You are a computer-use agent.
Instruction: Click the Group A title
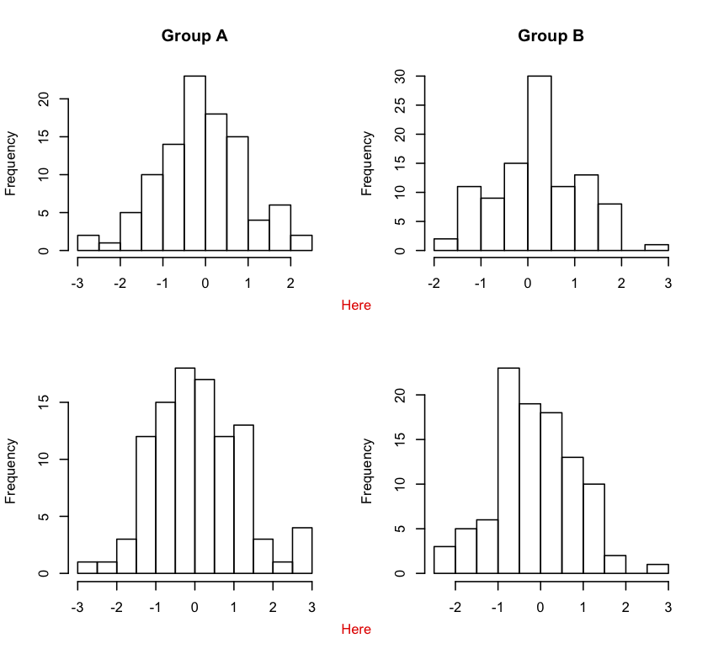click(x=194, y=36)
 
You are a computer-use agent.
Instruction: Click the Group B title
click(x=551, y=36)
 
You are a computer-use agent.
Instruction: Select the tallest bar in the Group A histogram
click(x=194, y=163)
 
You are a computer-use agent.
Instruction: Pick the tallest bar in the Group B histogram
click(x=540, y=163)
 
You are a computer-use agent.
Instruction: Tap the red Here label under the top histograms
click(x=356, y=306)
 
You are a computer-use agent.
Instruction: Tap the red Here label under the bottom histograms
click(x=356, y=630)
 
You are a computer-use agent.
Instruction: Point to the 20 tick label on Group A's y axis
click(x=44, y=99)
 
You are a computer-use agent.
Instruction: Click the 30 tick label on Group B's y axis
click(x=400, y=77)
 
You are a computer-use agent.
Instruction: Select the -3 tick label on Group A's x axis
click(x=77, y=284)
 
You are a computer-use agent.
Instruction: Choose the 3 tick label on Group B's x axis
click(x=668, y=284)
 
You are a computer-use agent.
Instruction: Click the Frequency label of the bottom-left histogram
click(x=11, y=471)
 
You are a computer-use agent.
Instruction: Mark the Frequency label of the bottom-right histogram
click(x=367, y=471)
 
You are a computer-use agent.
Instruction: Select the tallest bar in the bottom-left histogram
click(x=185, y=471)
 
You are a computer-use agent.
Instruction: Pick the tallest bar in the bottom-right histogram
click(x=508, y=471)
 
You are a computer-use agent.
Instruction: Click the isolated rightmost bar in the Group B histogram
click(x=657, y=247)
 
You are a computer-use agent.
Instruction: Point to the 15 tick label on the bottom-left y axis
click(x=44, y=402)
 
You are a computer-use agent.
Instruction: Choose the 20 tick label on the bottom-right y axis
click(x=400, y=395)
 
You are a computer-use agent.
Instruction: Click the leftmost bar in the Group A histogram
click(x=88, y=242)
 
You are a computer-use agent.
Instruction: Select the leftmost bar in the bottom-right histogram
click(x=444, y=560)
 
